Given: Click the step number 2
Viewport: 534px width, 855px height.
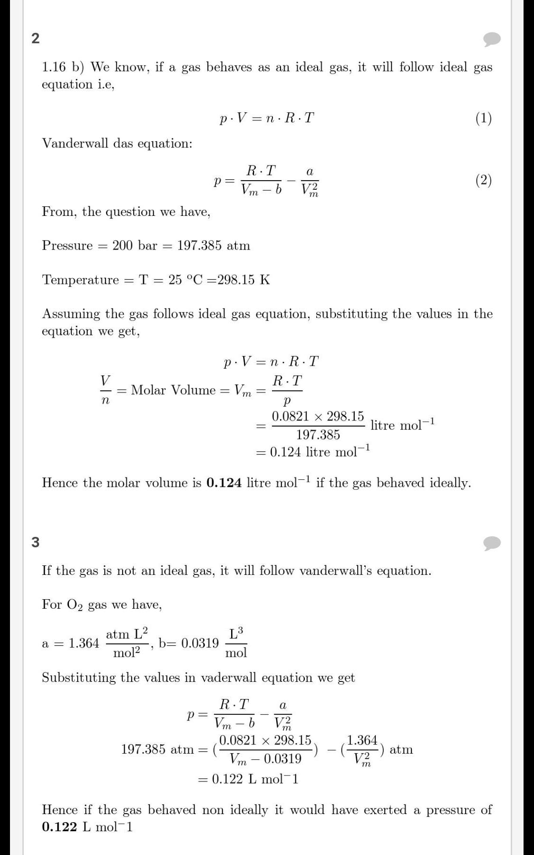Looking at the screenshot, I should click(x=35, y=38).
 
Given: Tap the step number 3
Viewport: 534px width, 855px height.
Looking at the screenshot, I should click(x=35, y=542).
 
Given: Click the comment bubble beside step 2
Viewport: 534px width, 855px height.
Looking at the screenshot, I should click(x=492, y=39).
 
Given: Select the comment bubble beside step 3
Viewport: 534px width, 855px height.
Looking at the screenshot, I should click(x=492, y=543).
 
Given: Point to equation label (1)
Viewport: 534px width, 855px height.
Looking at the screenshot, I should click(x=484, y=118).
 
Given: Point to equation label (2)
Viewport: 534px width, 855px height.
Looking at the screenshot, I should click(x=484, y=180).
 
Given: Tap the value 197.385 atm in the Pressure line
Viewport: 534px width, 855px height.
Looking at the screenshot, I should click(x=214, y=245).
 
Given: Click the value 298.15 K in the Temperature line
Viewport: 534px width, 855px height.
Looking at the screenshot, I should click(x=243, y=280).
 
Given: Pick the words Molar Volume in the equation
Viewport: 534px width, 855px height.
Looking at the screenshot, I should click(x=174, y=390).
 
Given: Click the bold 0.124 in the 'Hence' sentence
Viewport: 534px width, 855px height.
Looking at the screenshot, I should click(x=224, y=483).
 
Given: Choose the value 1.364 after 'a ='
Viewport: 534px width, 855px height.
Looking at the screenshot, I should click(x=84, y=643).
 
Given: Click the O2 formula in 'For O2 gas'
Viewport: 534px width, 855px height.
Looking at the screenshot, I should click(x=75, y=605).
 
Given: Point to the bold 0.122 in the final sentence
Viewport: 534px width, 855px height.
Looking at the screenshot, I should click(x=59, y=827).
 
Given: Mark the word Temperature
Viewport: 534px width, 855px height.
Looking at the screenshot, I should click(x=80, y=280).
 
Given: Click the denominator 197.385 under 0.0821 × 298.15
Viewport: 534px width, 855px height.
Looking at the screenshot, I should click(x=318, y=435).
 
